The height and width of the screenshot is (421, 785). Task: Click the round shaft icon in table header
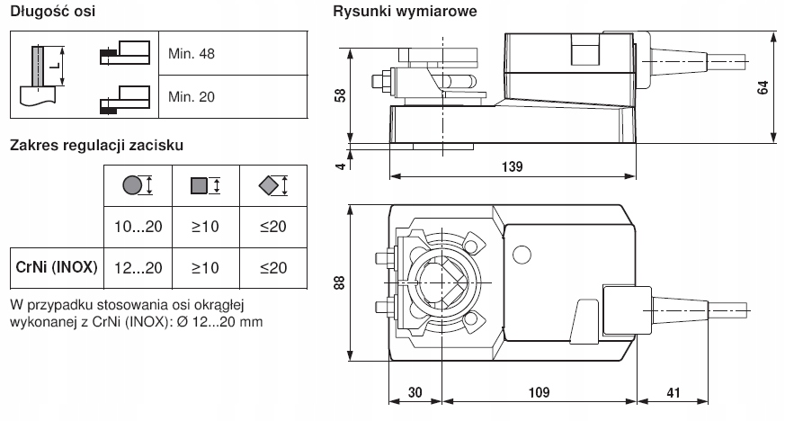click(x=132, y=186)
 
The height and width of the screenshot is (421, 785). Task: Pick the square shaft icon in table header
click(x=199, y=186)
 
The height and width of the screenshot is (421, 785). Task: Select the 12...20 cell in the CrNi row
click(x=139, y=268)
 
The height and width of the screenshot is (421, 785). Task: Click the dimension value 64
click(x=763, y=88)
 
